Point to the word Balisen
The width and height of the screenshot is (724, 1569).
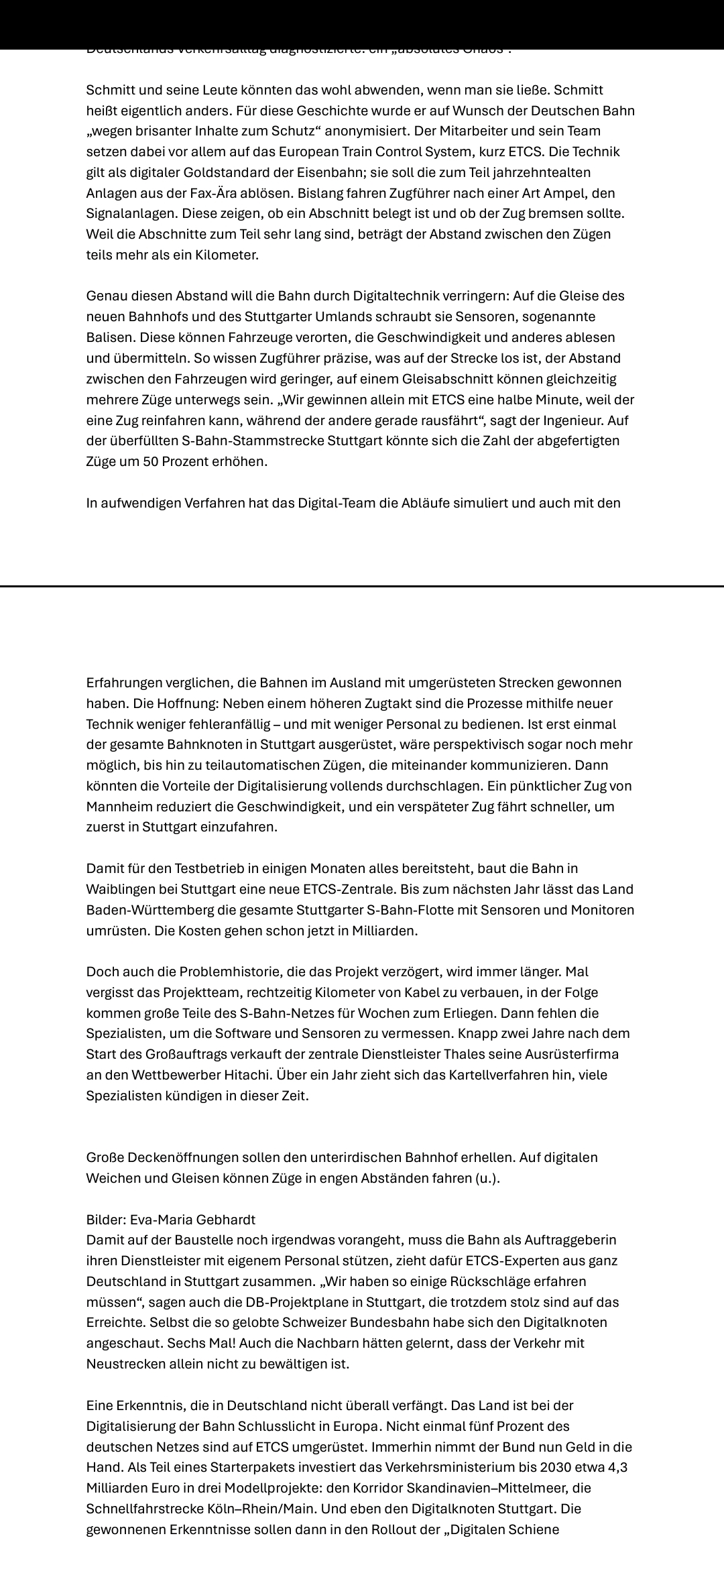(x=109, y=337)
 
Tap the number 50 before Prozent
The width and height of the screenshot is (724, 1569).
(x=150, y=462)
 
